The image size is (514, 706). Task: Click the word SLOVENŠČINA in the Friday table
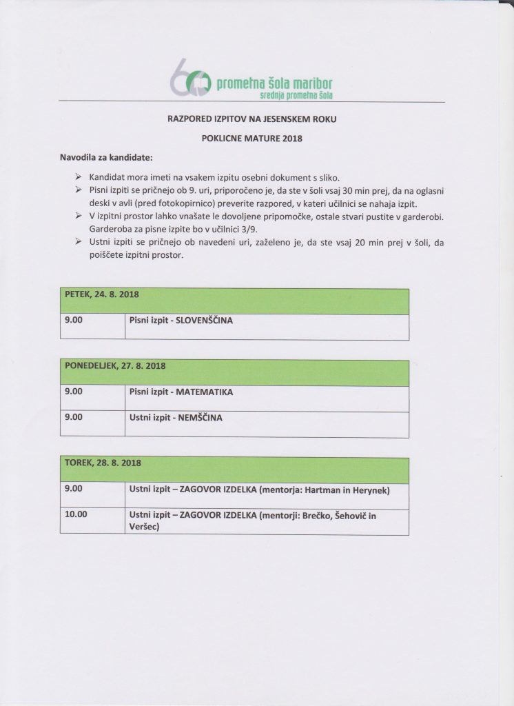coord(207,321)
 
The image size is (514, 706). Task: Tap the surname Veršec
coord(145,526)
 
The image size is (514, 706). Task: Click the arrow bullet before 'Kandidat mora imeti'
coord(78,176)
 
